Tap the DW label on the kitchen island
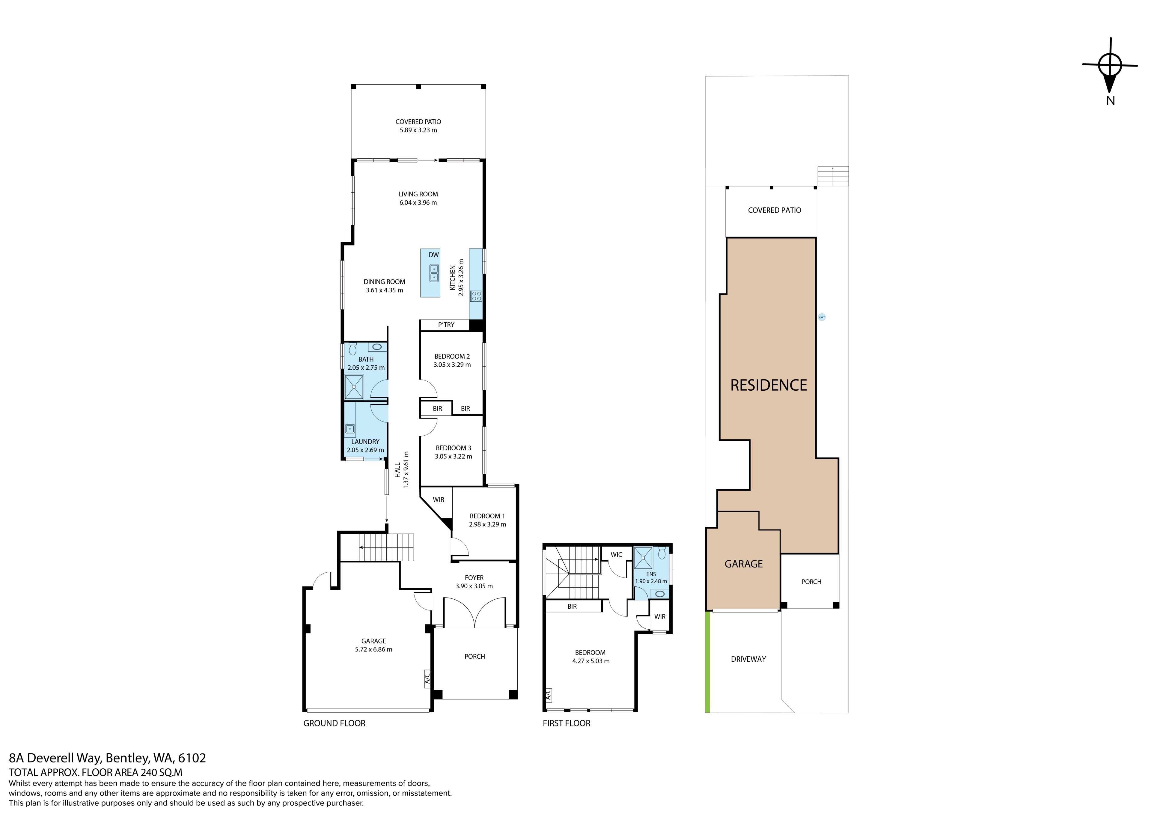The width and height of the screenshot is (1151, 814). pos(434,255)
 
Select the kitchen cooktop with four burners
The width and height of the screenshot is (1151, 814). pos(476,296)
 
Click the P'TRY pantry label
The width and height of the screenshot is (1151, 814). pos(446,325)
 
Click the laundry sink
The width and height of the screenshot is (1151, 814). pos(350,429)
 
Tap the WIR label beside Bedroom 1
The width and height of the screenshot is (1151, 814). pos(439,499)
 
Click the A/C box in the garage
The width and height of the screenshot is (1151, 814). pos(427,679)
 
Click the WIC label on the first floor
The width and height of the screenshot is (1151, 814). pos(616,555)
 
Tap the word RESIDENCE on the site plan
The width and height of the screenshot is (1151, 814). pos(769,385)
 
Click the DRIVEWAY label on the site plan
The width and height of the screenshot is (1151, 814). pos(748,659)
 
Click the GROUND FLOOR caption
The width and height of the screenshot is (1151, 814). pos(335,723)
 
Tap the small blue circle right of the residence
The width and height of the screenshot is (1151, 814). pos(822,317)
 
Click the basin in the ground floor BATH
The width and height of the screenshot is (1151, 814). pos(377,347)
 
